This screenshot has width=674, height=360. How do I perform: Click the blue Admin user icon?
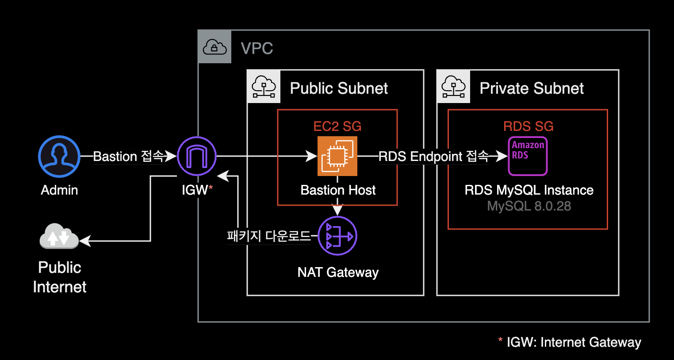coord(59,157)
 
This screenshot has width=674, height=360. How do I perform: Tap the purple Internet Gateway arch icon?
coord(197,157)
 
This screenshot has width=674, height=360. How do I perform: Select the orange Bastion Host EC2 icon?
coord(337,156)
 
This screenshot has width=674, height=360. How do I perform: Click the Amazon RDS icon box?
coord(528,156)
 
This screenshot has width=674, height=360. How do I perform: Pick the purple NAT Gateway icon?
coord(337,236)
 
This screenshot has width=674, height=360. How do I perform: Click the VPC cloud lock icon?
coord(214,47)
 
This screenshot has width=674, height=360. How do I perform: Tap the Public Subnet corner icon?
coord(264,87)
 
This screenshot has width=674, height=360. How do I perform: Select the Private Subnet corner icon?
coord(453,87)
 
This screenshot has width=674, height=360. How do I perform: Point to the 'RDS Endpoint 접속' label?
coord(433,157)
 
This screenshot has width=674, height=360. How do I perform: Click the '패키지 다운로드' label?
coord(268,236)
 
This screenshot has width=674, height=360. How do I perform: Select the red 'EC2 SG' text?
coord(337,126)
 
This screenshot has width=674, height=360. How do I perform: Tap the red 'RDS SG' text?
coord(528,126)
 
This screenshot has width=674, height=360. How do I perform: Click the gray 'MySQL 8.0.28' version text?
coord(529,206)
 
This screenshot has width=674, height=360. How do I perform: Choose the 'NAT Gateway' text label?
coord(338,272)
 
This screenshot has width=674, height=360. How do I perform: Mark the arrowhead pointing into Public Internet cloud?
coord(84,241)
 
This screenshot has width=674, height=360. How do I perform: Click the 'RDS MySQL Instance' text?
coord(529,190)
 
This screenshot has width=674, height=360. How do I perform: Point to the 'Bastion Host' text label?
coord(338,190)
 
